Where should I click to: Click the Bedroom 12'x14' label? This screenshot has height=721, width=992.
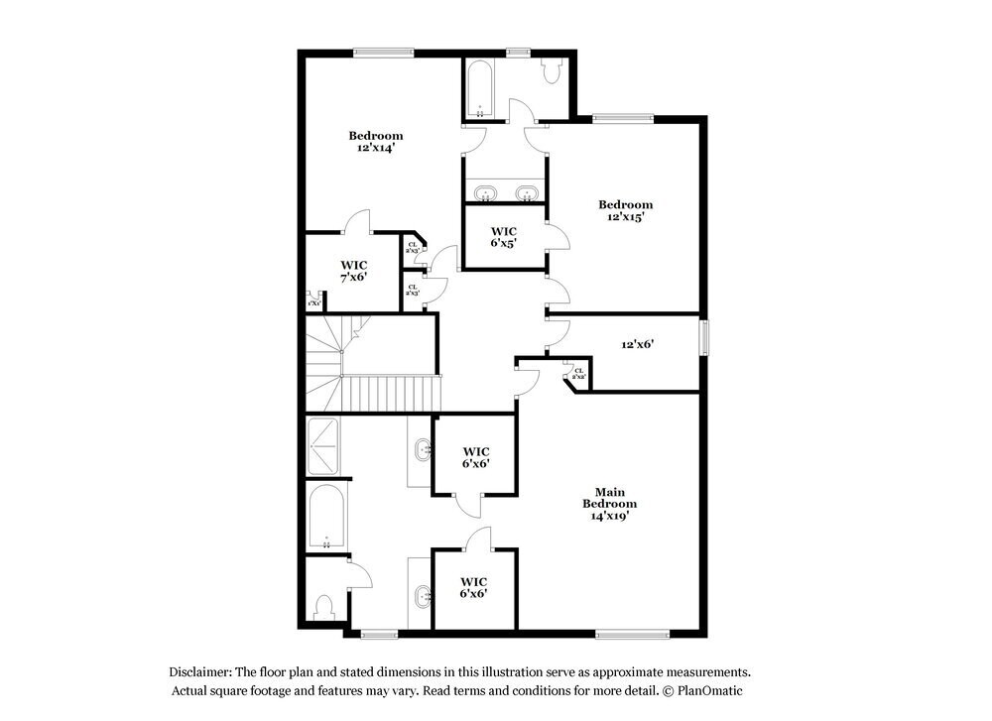click(375, 142)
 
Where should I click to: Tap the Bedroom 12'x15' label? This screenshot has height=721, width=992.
click(625, 210)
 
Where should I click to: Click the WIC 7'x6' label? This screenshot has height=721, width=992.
click(354, 272)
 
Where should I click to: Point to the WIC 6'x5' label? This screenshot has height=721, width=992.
click(503, 238)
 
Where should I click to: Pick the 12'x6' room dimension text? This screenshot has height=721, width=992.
click(637, 344)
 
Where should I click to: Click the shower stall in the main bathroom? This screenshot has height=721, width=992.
click(323, 447)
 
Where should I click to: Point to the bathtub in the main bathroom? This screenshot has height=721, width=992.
click(326, 517)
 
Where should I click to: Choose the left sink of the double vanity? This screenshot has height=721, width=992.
click(485, 192)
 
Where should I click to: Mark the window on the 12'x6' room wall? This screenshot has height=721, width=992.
click(704, 336)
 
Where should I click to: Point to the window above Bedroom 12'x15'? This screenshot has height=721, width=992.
click(623, 118)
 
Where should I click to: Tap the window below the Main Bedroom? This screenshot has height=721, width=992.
click(632, 634)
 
